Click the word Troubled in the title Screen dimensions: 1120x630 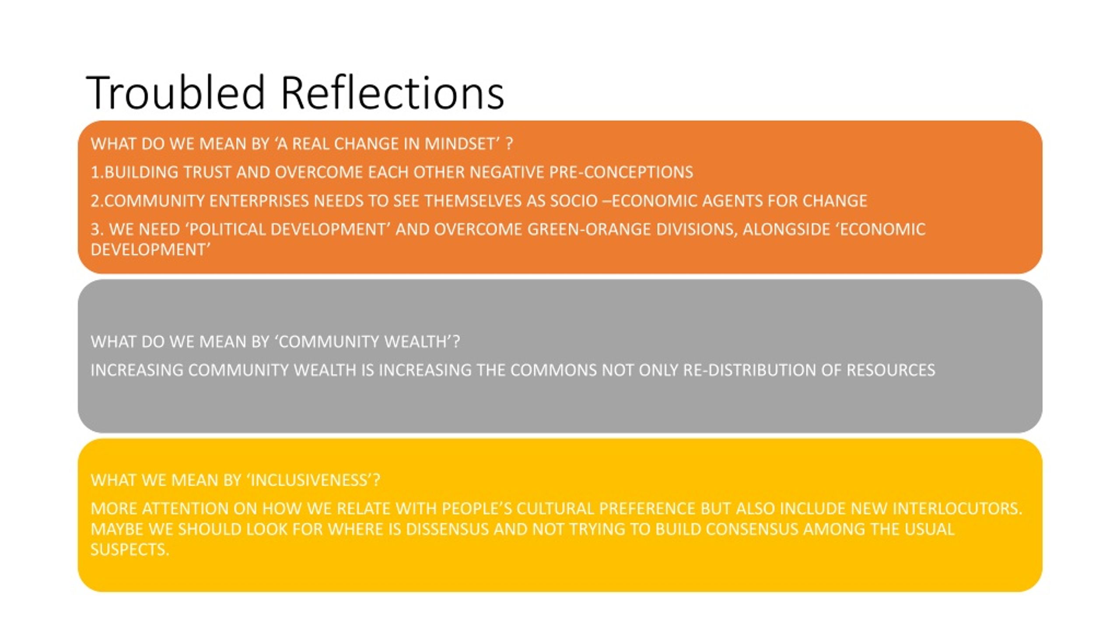click(x=176, y=92)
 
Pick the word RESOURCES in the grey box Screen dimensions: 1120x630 click(x=891, y=371)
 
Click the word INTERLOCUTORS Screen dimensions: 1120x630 click(x=957, y=509)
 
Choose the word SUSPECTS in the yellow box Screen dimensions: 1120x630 click(x=129, y=549)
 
